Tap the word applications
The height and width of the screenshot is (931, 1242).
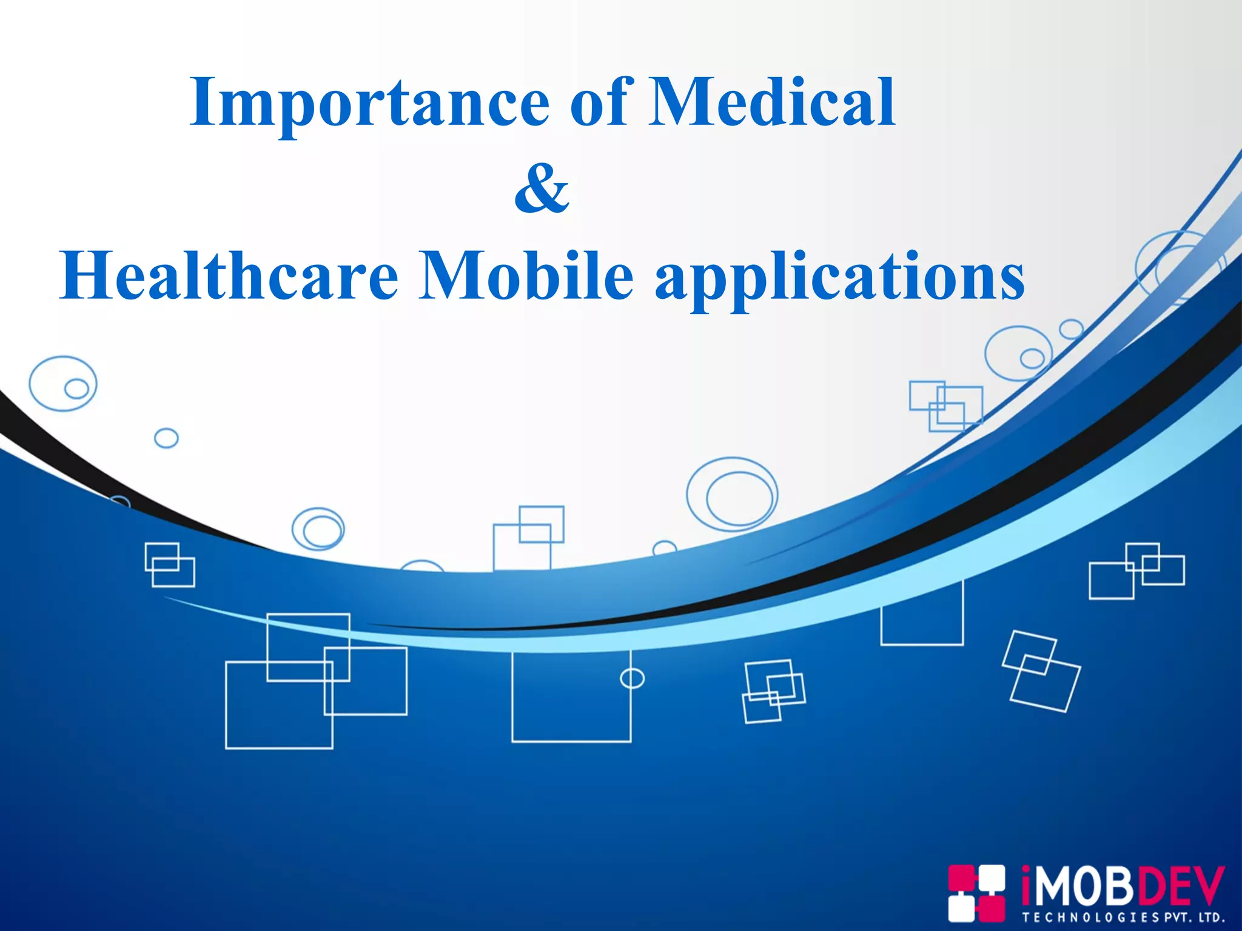(x=840, y=279)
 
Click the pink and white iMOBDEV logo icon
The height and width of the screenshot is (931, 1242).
(x=976, y=893)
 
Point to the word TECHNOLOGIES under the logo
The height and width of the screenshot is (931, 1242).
(x=1091, y=918)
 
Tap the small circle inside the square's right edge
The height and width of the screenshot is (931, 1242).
(x=632, y=678)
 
